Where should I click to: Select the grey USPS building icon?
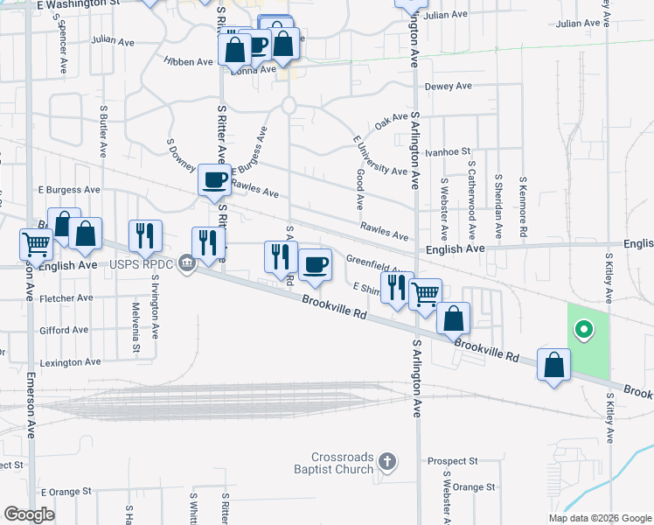point(185,263)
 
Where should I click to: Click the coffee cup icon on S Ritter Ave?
point(214,180)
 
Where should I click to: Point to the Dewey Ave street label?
point(448,87)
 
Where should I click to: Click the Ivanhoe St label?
point(447,151)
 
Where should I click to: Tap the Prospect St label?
point(452,460)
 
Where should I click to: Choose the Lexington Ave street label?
point(70,362)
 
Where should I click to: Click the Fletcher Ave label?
point(66,298)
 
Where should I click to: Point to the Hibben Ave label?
point(188,62)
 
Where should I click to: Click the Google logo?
point(29,514)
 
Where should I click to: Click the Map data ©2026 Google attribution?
point(599,518)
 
